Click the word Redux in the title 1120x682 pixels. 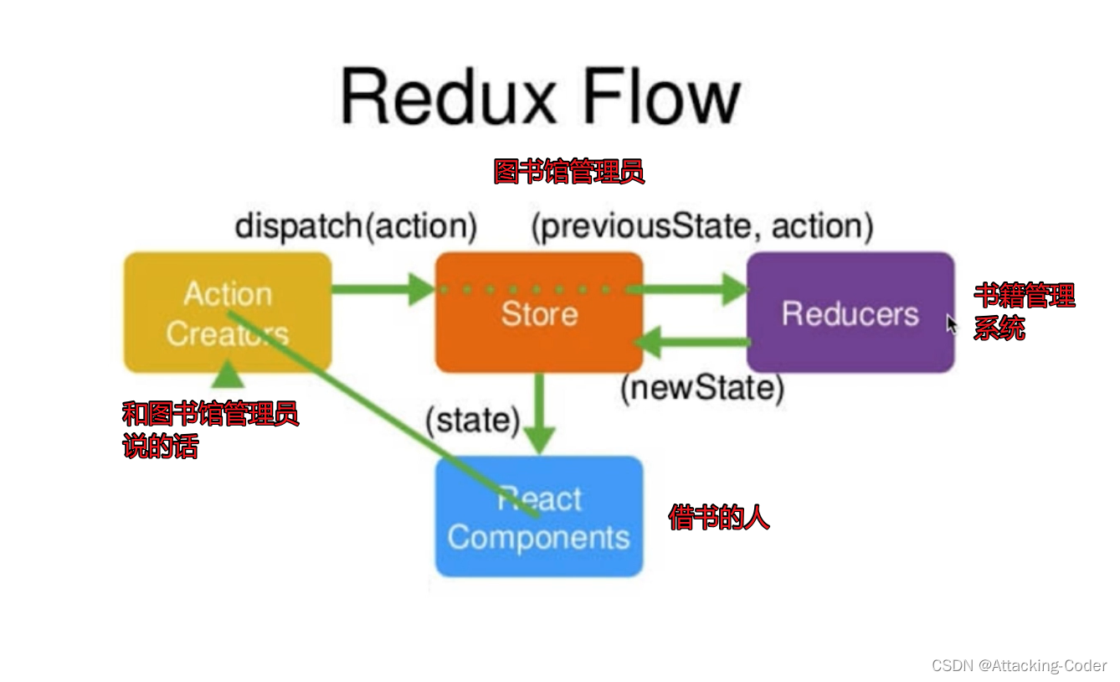[x=448, y=96]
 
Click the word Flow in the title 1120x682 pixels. [x=662, y=96]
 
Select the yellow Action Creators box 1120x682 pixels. [x=228, y=313]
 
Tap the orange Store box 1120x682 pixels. [x=539, y=313]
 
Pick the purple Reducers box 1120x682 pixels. [x=850, y=313]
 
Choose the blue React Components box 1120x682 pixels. [x=539, y=516]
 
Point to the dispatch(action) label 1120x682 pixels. [x=356, y=227]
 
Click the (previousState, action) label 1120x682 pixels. [x=702, y=227]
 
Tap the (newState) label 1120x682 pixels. [x=702, y=388]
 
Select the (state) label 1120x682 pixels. [x=472, y=420]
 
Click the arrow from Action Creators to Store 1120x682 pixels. [x=383, y=289]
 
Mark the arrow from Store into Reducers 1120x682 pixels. [x=688, y=289]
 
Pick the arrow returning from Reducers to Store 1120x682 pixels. [x=692, y=343]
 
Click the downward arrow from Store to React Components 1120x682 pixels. [x=540, y=413]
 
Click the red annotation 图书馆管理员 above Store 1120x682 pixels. [x=569, y=172]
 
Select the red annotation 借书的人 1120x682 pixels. [x=719, y=518]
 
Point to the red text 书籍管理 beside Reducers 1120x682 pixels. [x=1025, y=295]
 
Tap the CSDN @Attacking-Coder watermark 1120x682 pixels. [x=1019, y=665]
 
